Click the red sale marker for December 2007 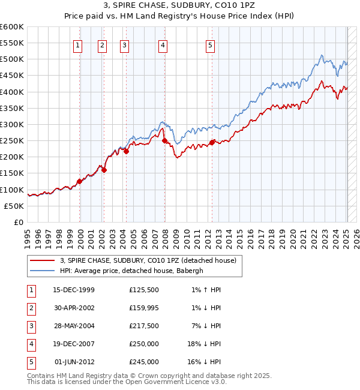click(164, 141)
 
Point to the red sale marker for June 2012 click(212, 142)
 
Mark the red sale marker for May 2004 click(127, 151)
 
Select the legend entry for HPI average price click(131, 271)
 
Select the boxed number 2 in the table click(31, 308)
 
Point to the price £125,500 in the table click(144, 290)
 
